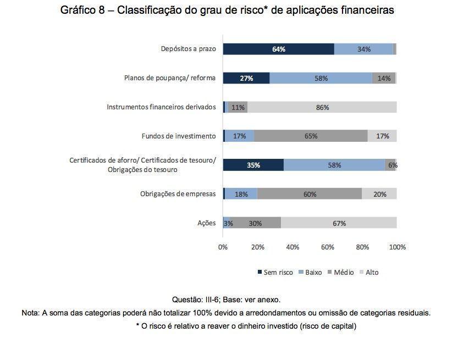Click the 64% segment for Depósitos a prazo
click(x=279, y=49)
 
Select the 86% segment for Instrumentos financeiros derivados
click(x=322, y=107)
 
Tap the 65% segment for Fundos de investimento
click(x=311, y=136)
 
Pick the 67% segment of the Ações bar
click(x=339, y=223)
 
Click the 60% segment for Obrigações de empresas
click(x=310, y=193)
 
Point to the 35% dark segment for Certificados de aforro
click(x=253, y=165)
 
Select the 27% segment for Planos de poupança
click(x=246, y=78)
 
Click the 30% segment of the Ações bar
click(x=255, y=223)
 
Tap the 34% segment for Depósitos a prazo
click(x=363, y=49)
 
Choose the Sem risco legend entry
click(x=275, y=272)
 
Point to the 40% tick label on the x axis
click(x=293, y=247)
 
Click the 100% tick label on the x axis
click(x=397, y=247)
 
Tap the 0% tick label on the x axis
click(x=223, y=247)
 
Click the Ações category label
click(x=207, y=223)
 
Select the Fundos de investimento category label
click(x=179, y=136)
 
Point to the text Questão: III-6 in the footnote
click(x=196, y=300)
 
